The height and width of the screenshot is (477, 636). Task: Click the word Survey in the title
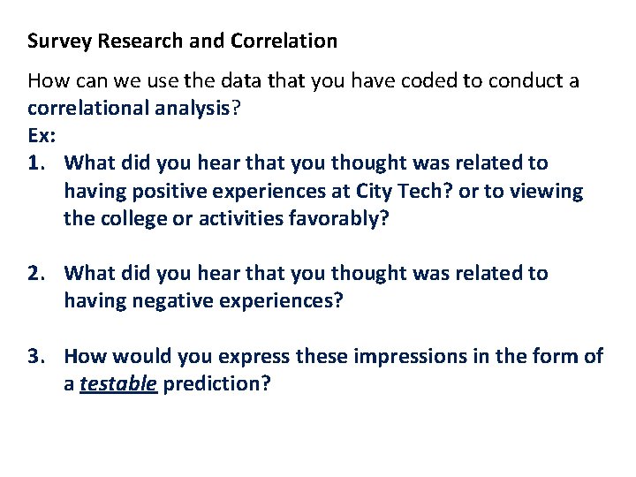tap(54, 42)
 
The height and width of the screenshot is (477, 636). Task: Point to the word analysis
tap(195, 110)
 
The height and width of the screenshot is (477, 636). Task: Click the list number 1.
tap(36, 163)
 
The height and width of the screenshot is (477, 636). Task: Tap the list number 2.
tap(36, 274)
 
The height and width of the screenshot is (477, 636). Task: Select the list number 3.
tap(36, 357)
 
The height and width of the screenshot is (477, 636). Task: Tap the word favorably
tap(340, 218)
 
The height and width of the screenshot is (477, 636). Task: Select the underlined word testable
tap(117, 384)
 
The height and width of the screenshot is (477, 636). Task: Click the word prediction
tap(216, 384)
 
